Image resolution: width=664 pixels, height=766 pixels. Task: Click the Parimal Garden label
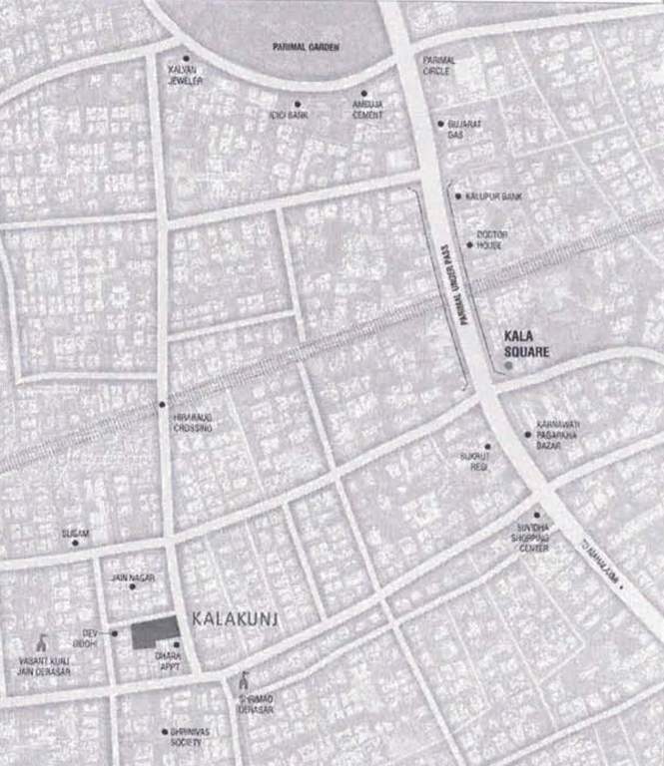pos(307,47)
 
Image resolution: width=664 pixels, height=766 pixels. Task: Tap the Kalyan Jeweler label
pos(186,75)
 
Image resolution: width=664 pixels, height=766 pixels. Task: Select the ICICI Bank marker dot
pos(297,104)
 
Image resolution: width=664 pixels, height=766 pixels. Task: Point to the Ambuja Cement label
pos(367,109)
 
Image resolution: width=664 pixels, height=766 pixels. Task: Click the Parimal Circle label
pos(438,66)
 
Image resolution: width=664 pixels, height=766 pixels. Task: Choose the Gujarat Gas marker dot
pos(440,124)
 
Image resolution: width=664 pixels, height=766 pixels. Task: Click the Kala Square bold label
pos(528,345)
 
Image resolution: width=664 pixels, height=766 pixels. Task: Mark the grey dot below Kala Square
pos(509,367)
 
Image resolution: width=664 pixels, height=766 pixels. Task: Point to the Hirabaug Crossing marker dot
pos(162,404)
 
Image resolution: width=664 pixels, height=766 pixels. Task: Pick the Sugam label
pos(76,534)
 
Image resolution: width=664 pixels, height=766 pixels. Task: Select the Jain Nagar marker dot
pos(132,586)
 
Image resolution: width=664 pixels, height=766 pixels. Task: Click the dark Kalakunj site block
pos(155,633)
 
